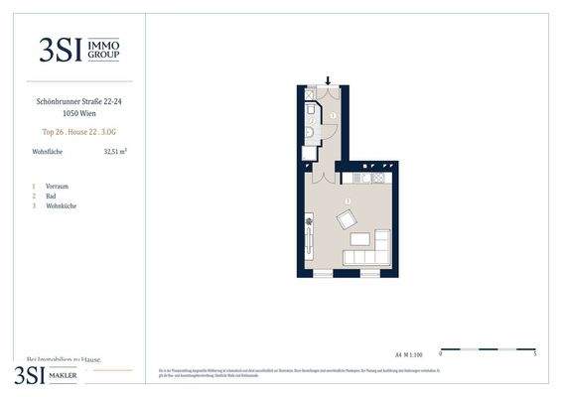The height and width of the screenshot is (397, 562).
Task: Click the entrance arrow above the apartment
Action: tap(328, 80)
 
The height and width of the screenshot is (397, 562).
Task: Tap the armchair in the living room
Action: tap(347, 218)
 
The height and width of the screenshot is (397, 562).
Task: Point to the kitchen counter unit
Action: tap(371, 179)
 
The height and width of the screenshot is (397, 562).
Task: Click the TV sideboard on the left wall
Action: tap(309, 233)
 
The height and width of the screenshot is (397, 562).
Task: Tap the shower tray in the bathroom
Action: tap(309, 107)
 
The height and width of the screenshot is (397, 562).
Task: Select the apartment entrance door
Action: tap(328, 92)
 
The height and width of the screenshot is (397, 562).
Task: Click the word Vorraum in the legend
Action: tap(57, 186)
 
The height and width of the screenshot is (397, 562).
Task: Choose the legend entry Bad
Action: tap(50, 196)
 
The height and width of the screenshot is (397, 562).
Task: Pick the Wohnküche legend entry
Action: tap(61, 205)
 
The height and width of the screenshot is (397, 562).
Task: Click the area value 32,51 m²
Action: tap(115, 152)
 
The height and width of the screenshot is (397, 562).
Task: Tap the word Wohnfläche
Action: tap(48, 152)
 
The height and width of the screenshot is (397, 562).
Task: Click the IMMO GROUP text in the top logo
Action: tap(104, 50)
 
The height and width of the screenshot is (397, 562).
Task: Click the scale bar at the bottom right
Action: tap(488, 349)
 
